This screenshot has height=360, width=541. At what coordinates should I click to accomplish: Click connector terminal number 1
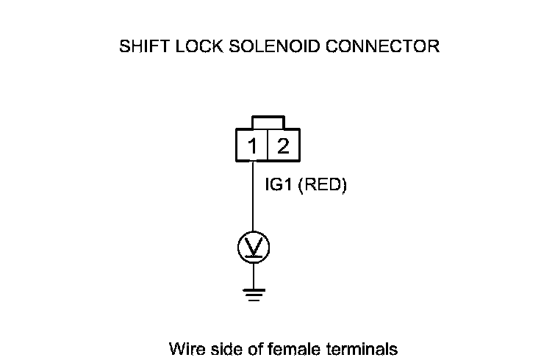(252, 145)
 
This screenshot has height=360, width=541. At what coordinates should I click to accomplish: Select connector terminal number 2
(283, 145)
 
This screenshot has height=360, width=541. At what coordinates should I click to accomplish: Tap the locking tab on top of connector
(268, 121)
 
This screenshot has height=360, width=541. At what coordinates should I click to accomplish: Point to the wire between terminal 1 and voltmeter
(253, 198)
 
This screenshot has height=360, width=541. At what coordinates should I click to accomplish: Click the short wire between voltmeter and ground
(253, 275)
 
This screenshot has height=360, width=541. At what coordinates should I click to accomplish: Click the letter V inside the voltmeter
(253, 246)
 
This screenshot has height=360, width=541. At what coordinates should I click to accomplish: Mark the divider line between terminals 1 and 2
(268, 145)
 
